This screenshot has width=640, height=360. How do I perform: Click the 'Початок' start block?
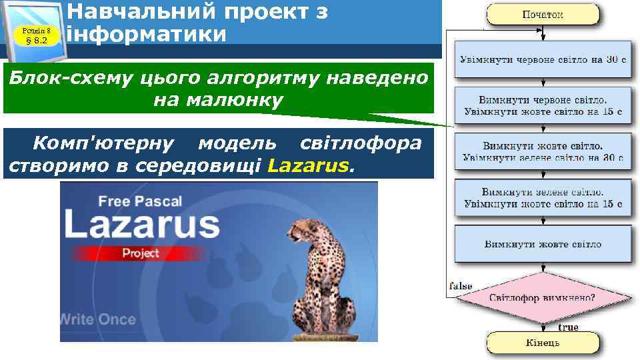coord(543,15)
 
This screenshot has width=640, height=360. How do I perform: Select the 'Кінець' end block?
coord(543,343)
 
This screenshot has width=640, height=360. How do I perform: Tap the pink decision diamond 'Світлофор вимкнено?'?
coord(543,298)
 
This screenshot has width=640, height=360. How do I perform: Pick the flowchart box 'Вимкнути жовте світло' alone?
coord(543,244)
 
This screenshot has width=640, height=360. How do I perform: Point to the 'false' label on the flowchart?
coord(461,285)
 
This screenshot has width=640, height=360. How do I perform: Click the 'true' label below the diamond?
coord(568,327)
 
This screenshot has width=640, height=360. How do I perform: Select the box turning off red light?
coord(543,104)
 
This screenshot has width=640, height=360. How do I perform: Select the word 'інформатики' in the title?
coord(147,33)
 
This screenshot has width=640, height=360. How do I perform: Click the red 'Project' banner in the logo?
coord(141,253)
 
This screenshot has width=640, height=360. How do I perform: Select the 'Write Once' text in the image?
coord(98,319)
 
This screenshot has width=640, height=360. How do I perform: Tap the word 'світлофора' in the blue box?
coord(361,143)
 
